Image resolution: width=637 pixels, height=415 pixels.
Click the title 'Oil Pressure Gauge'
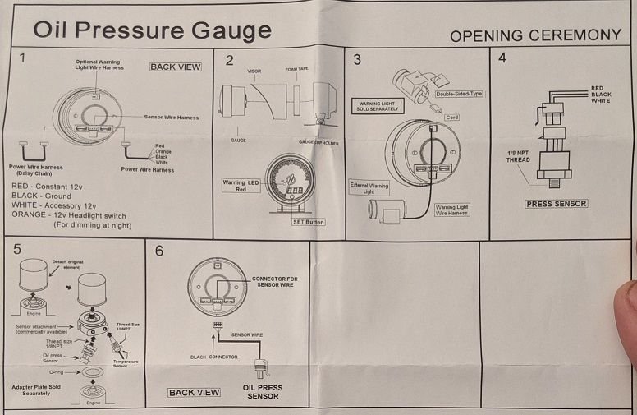point(152,31)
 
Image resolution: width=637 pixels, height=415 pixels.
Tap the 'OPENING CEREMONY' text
point(535,35)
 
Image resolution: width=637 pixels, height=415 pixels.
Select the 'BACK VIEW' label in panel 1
point(176,67)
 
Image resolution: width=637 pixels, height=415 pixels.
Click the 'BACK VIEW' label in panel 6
point(195,392)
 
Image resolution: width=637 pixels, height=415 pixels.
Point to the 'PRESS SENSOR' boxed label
point(557,203)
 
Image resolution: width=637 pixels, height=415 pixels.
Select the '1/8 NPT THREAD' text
point(520,155)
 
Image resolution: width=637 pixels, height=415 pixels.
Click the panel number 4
point(502,58)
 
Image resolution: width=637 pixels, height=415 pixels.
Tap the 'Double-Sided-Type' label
point(459,94)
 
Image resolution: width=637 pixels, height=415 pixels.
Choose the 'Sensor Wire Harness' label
point(171,118)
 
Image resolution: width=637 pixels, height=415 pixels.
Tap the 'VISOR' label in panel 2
point(254,71)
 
